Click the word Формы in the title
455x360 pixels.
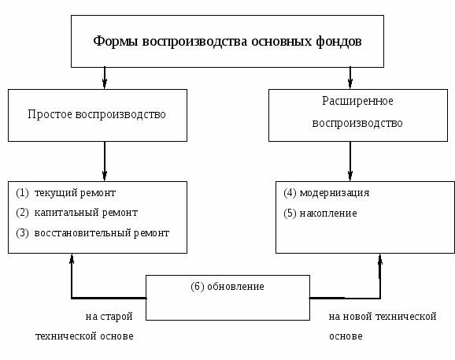click(x=116, y=41)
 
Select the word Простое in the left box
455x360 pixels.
click(x=50, y=114)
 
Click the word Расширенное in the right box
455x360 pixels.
click(x=357, y=101)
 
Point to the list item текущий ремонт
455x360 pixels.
click(x=75, y=193)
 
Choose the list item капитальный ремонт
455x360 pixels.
click(x=86, y=213)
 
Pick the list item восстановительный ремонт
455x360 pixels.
click(x=102, y=233)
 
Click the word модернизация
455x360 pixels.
click(x=335, y=193)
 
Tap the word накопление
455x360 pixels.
click(x=328, y=213)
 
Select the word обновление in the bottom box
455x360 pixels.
click(x=235, y=287)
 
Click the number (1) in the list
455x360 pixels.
click(x=22, y=193)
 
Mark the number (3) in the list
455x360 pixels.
click(x=22, y=233)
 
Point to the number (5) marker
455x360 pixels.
click(x=290, y=213)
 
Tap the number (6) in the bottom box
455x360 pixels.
click(x=198, y=287)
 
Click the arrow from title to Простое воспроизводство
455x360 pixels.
click(x=105, y=78)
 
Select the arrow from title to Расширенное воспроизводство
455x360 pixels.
click(x=350, y=78)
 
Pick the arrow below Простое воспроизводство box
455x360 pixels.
click(x=105, y=161)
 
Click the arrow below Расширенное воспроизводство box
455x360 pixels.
click(x=350, y=161)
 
